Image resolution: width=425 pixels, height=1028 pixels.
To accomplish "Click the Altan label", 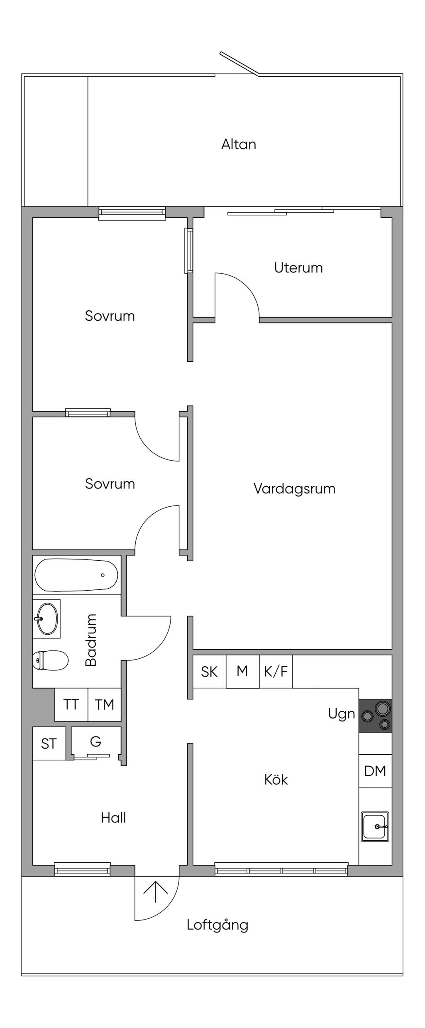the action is pyautogui.click(x=239, y=144).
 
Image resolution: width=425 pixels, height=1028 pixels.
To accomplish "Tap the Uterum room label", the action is pyautogui.click(x=298, y=267).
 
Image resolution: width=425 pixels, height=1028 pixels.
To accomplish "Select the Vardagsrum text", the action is pyautogui.click(x=294, y=488).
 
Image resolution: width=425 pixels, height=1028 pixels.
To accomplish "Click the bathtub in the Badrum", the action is pyautogui.click(x=76, y=575).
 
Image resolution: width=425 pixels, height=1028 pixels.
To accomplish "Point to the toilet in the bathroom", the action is pyautogui.click(x=51, y=660).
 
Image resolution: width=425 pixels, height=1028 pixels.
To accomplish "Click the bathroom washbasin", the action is pyautogui.click(x=46, y=618).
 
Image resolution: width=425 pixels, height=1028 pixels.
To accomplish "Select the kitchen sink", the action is pyautogui.click(x=375, y=827).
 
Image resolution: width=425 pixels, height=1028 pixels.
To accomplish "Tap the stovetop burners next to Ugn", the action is pyautogui.click(x=375, y=715).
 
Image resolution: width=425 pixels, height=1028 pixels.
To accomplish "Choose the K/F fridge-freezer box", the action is pyautogui.click(x=276, y=671).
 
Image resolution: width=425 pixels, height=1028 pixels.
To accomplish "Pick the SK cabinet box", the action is pyautogui.click(x=210, y=671).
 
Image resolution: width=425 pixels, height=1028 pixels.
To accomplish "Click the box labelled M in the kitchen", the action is pyautogui.click(x=243, y=671).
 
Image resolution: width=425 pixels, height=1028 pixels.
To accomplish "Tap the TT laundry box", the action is pyautogui.click(x=71, y=704).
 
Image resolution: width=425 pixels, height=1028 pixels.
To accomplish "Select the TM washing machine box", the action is pyautogui.click(x=105, y=704).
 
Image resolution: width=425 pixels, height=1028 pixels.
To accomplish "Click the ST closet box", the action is pyautogui.click(x=49, y=743).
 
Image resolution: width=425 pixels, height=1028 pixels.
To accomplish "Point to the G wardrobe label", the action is pyautogui.click(x=96, y=741).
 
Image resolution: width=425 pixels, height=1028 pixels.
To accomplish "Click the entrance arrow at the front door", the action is pyautogui.click(x=156, y=892).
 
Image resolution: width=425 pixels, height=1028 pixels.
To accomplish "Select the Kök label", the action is pyautogui.click(x=276, y=779).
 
